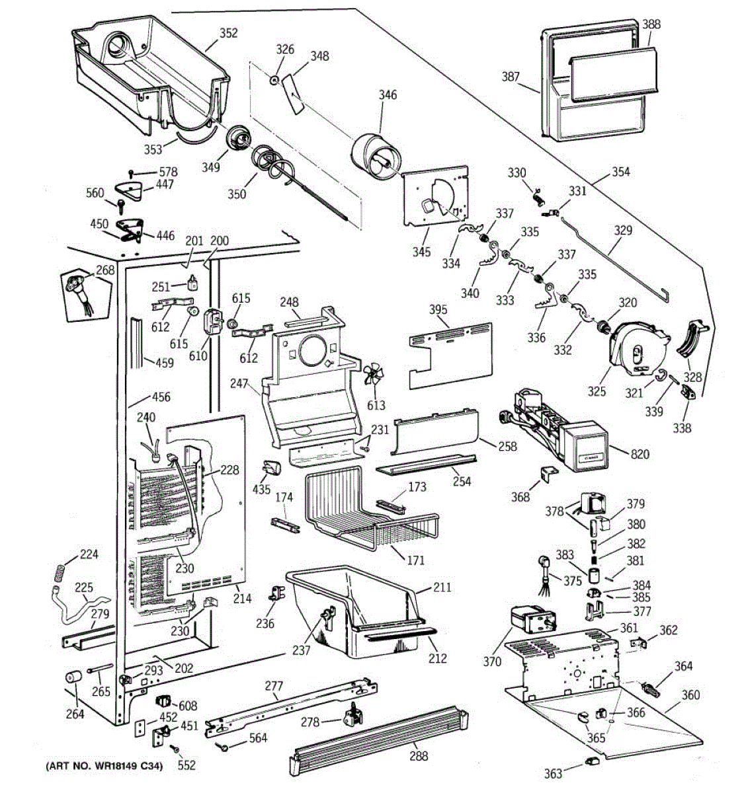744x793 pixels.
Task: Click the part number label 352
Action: [228, 34]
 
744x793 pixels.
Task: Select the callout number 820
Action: [640, 454]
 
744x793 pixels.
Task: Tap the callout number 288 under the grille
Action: [419, 756]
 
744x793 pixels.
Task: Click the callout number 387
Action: [511, 77]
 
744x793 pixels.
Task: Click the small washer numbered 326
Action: [272, 80]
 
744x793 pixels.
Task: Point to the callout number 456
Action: [161, 397]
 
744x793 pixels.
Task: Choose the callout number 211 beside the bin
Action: [442, 587]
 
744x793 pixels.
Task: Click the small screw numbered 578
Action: [132, 173]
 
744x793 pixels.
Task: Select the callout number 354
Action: [620, 172]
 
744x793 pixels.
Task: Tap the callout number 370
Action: [493, 660]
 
